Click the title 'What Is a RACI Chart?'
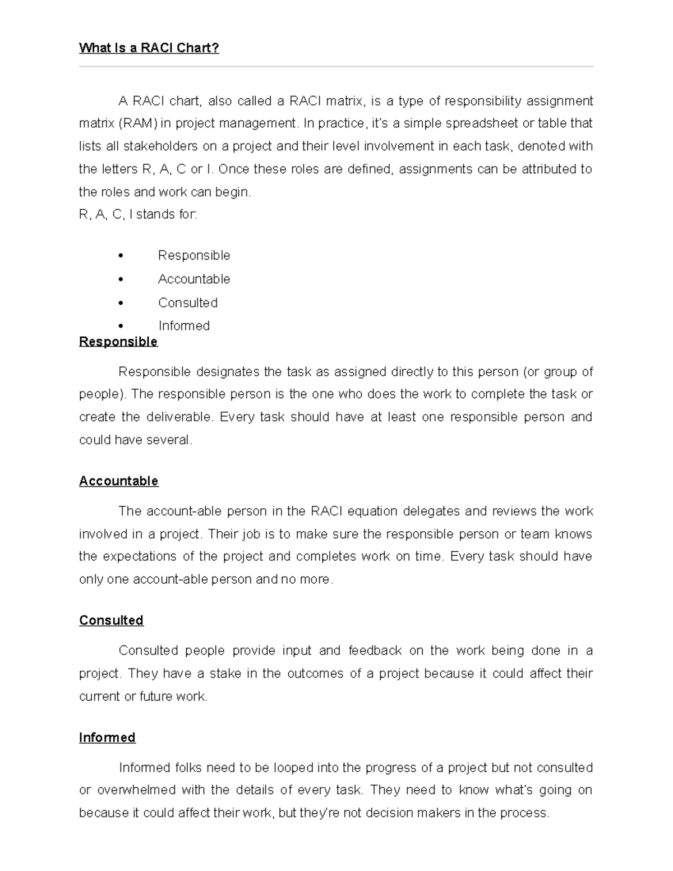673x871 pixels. [x=149, y=48]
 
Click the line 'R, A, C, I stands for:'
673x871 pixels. [x=138, y=214]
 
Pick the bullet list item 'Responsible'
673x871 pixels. [x=194, y=256]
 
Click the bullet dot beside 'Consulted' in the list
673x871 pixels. [x=121, y=303]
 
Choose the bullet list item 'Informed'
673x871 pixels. [x=184, y=326]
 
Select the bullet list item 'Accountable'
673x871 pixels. [x=194, y=279]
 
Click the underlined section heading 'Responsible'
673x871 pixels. [x=118, y=342]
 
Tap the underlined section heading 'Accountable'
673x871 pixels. [x=119, y=481]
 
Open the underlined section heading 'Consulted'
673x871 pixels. [x=111, y=620]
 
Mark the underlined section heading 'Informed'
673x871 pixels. [x=107, y=738]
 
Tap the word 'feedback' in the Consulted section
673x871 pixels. [x=375, y=651]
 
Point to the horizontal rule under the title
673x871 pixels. [x=336, y=67]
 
